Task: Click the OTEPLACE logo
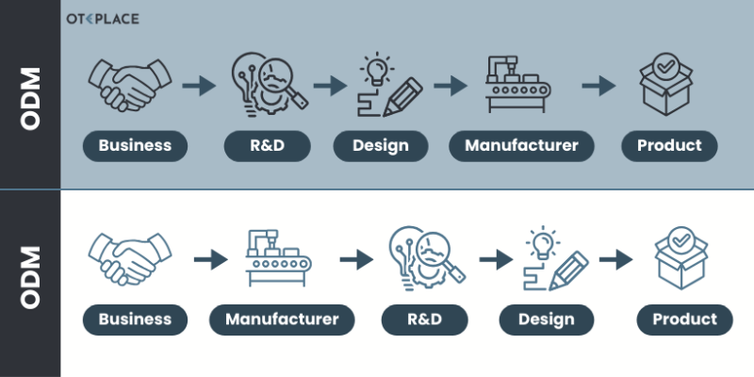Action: click(101, 19)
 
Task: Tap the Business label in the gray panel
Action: click(135, 145)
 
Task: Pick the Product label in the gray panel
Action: click(669, 145)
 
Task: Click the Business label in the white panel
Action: click(135, 319)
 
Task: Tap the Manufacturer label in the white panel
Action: click(282, 319)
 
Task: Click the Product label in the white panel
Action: click(684, 319)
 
